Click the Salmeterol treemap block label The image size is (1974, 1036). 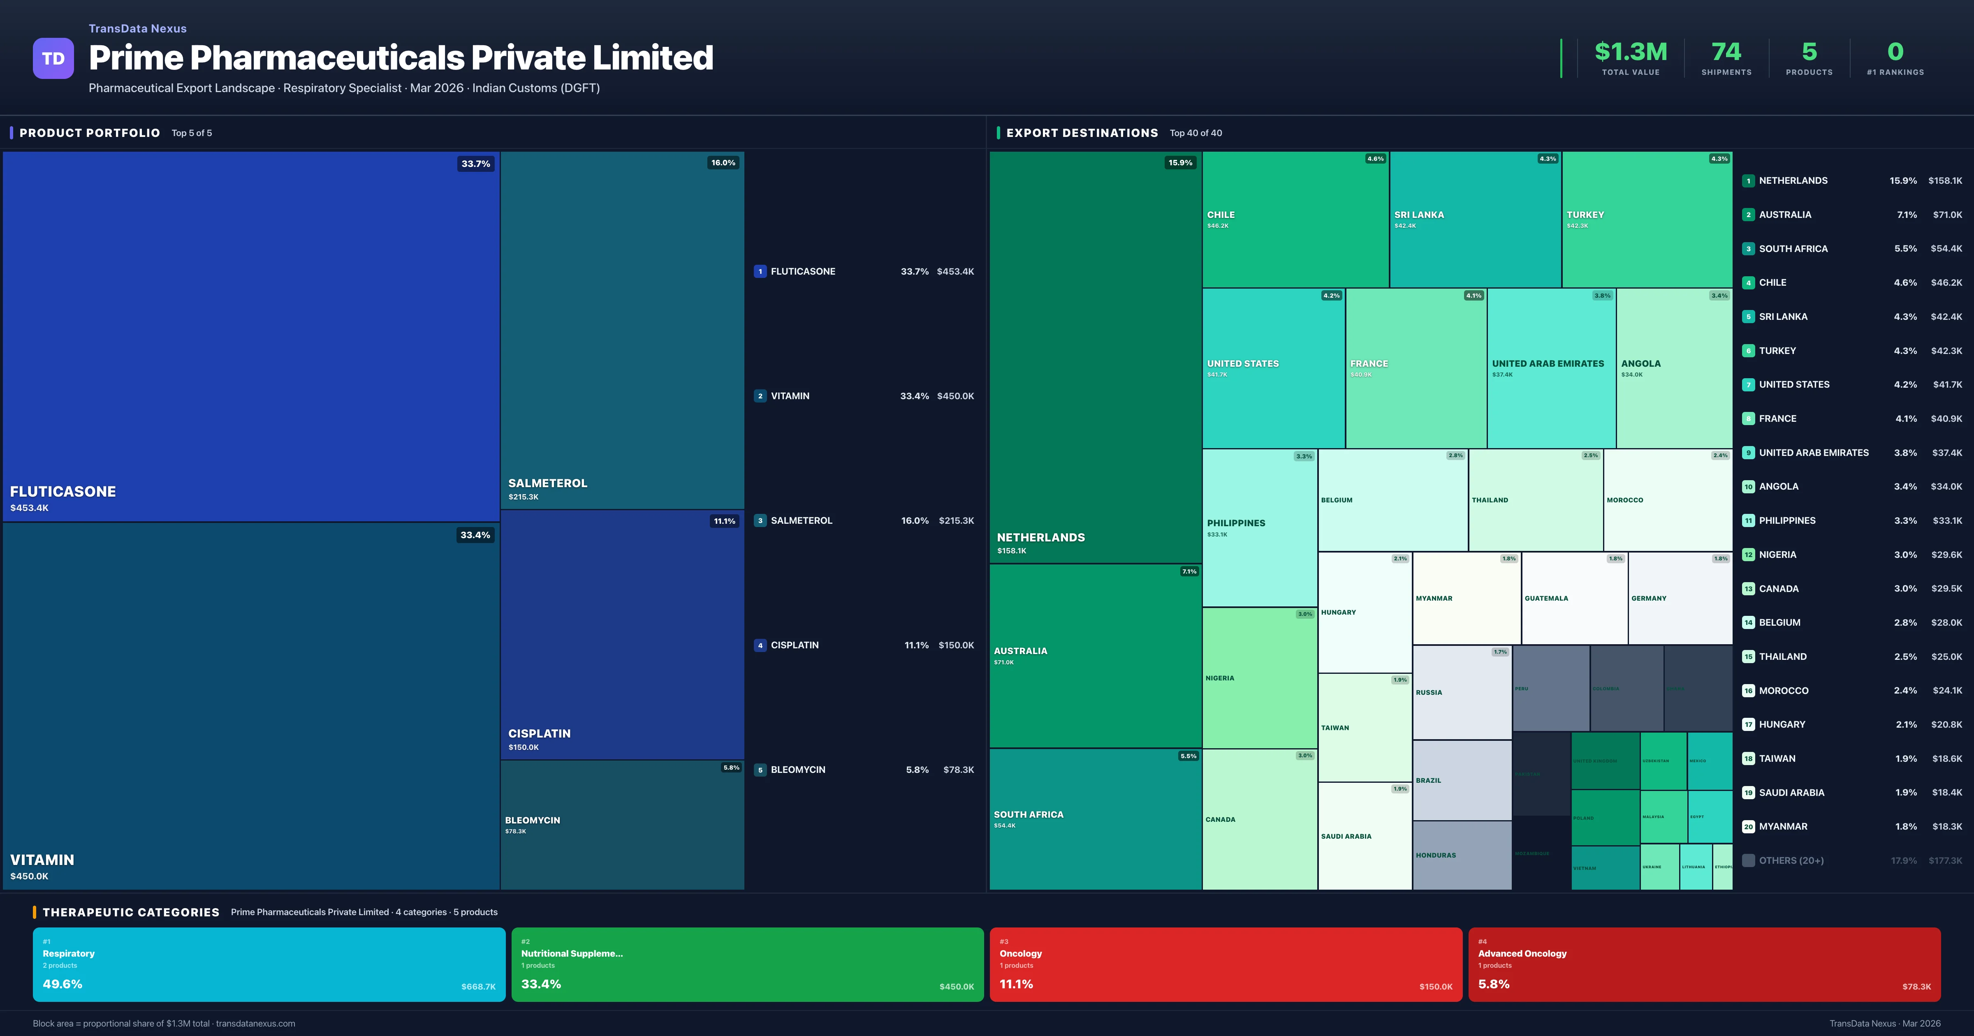click(x=547, y=483)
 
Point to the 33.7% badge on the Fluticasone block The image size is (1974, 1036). click(x=475, y=164)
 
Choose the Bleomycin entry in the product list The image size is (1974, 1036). click(x=798, y=769)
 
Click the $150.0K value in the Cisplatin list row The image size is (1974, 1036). click(x=956, y=645)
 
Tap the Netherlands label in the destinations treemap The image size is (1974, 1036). click(x=1040, y=538)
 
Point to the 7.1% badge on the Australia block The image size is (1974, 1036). click(x=1189, y=571)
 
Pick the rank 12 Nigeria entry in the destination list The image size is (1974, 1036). click(x=1777, y=555)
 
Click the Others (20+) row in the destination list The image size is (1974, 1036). click(x=1791, y=860)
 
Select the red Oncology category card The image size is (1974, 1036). click(x=1226, y=964)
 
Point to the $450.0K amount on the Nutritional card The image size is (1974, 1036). click(x=956, y=987)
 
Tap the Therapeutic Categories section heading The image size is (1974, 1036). click(x=131, y=912)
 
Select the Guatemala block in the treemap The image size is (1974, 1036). click(x=1546, y=599)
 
